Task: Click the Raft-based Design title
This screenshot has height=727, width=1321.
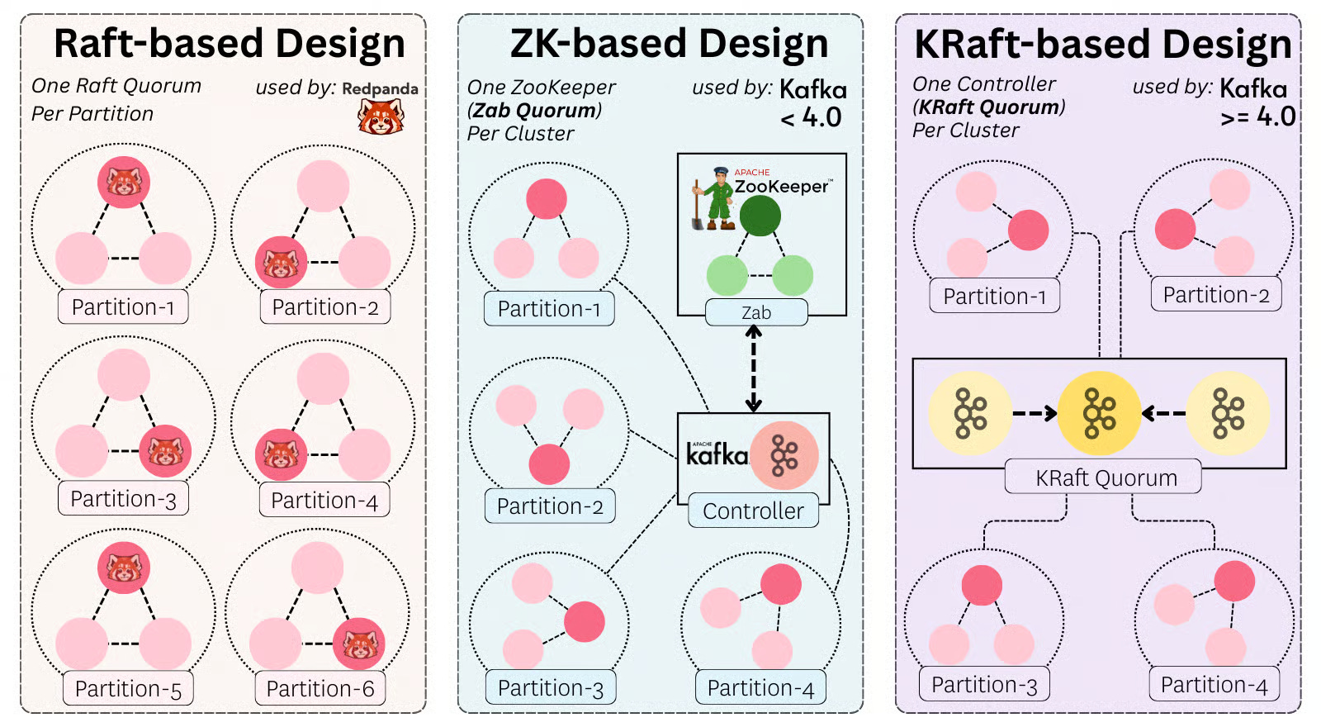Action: (x=229, y=44)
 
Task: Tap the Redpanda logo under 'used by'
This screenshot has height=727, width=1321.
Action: (x=381, y=116)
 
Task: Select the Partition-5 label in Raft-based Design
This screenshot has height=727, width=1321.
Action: (x=128, y=688)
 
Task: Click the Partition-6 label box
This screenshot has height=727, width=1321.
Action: (x=320, y=688)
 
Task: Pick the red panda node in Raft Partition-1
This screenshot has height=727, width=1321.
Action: (x=124, y=182)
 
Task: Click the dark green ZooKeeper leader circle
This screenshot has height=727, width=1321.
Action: (x=760, y=216)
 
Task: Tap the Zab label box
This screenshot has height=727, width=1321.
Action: (x=756, y=312)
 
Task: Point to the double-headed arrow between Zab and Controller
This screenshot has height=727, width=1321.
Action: (x=753, y=368)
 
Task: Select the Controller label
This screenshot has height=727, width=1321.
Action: (x=753, y=511)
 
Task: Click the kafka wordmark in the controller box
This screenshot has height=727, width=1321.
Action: (x=717, y=454)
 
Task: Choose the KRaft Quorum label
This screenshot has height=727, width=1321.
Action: (x=1106, y=478)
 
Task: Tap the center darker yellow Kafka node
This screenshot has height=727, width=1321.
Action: (x=1099, y=413)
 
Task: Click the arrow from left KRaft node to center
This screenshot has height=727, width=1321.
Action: (x=1035, y=413)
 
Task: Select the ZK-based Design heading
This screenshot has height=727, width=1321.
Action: (x=669, y=44)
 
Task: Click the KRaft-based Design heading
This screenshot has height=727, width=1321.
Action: (x=1102, y=44)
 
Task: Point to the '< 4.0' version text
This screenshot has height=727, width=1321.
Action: (x=811, y=117)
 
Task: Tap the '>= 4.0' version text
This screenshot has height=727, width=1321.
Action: (x=1257, y=116)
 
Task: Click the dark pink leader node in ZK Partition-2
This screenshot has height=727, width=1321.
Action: (x=549, y=463)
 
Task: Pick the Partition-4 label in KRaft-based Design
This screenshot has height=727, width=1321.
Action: (x=1214, y=684)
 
